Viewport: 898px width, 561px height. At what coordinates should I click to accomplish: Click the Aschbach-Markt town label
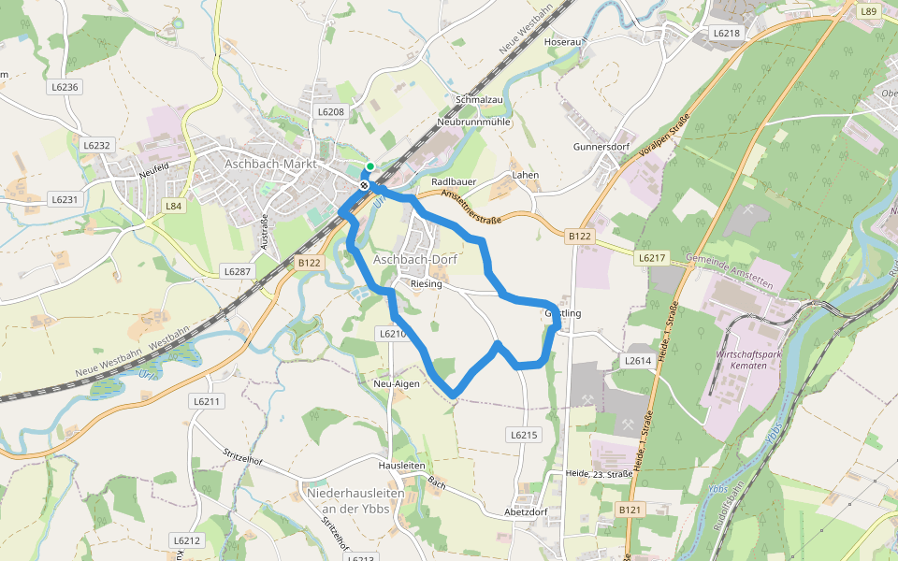[x=271, y=164]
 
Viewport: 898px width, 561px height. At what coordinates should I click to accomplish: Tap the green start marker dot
[x=370, y=167]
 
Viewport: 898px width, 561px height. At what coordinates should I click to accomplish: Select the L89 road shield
[x=869, y=11]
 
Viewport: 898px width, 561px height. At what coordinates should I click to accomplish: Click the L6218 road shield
[x=726, y=33]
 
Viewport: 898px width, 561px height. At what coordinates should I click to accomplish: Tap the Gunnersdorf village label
[x=601, y=147]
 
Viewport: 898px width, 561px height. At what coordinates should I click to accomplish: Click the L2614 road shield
[x=638, y=360]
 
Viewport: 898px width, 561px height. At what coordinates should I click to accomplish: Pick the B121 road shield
[x=630, y=510]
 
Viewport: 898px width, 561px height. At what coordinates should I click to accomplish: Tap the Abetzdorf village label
[x=525, y=511]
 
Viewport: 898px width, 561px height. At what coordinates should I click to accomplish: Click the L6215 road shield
[x=523, y=435]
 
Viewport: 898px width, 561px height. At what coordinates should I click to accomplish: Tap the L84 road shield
[x=173, y=206]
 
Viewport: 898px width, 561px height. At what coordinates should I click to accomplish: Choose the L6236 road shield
[x=65, y=87]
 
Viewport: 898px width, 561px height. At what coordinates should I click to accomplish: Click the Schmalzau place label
[x=479, y=99]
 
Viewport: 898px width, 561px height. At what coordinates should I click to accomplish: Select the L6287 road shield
[x=237, y=271]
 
